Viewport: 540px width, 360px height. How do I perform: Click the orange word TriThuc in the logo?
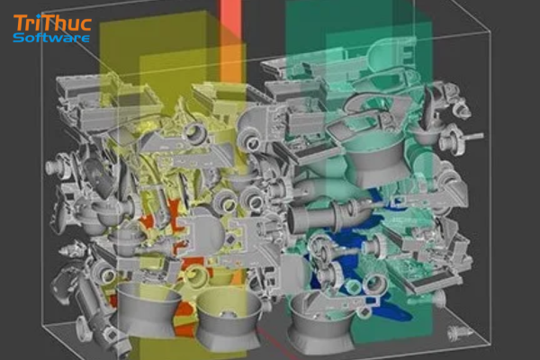coord(52,23)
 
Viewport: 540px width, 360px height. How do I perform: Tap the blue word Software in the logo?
coord(51,37)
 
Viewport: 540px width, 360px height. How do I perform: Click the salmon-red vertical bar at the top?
coord(230,16)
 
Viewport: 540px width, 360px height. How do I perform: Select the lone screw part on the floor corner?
coord(460,332)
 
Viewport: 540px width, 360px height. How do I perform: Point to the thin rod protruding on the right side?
coord(473,137)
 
